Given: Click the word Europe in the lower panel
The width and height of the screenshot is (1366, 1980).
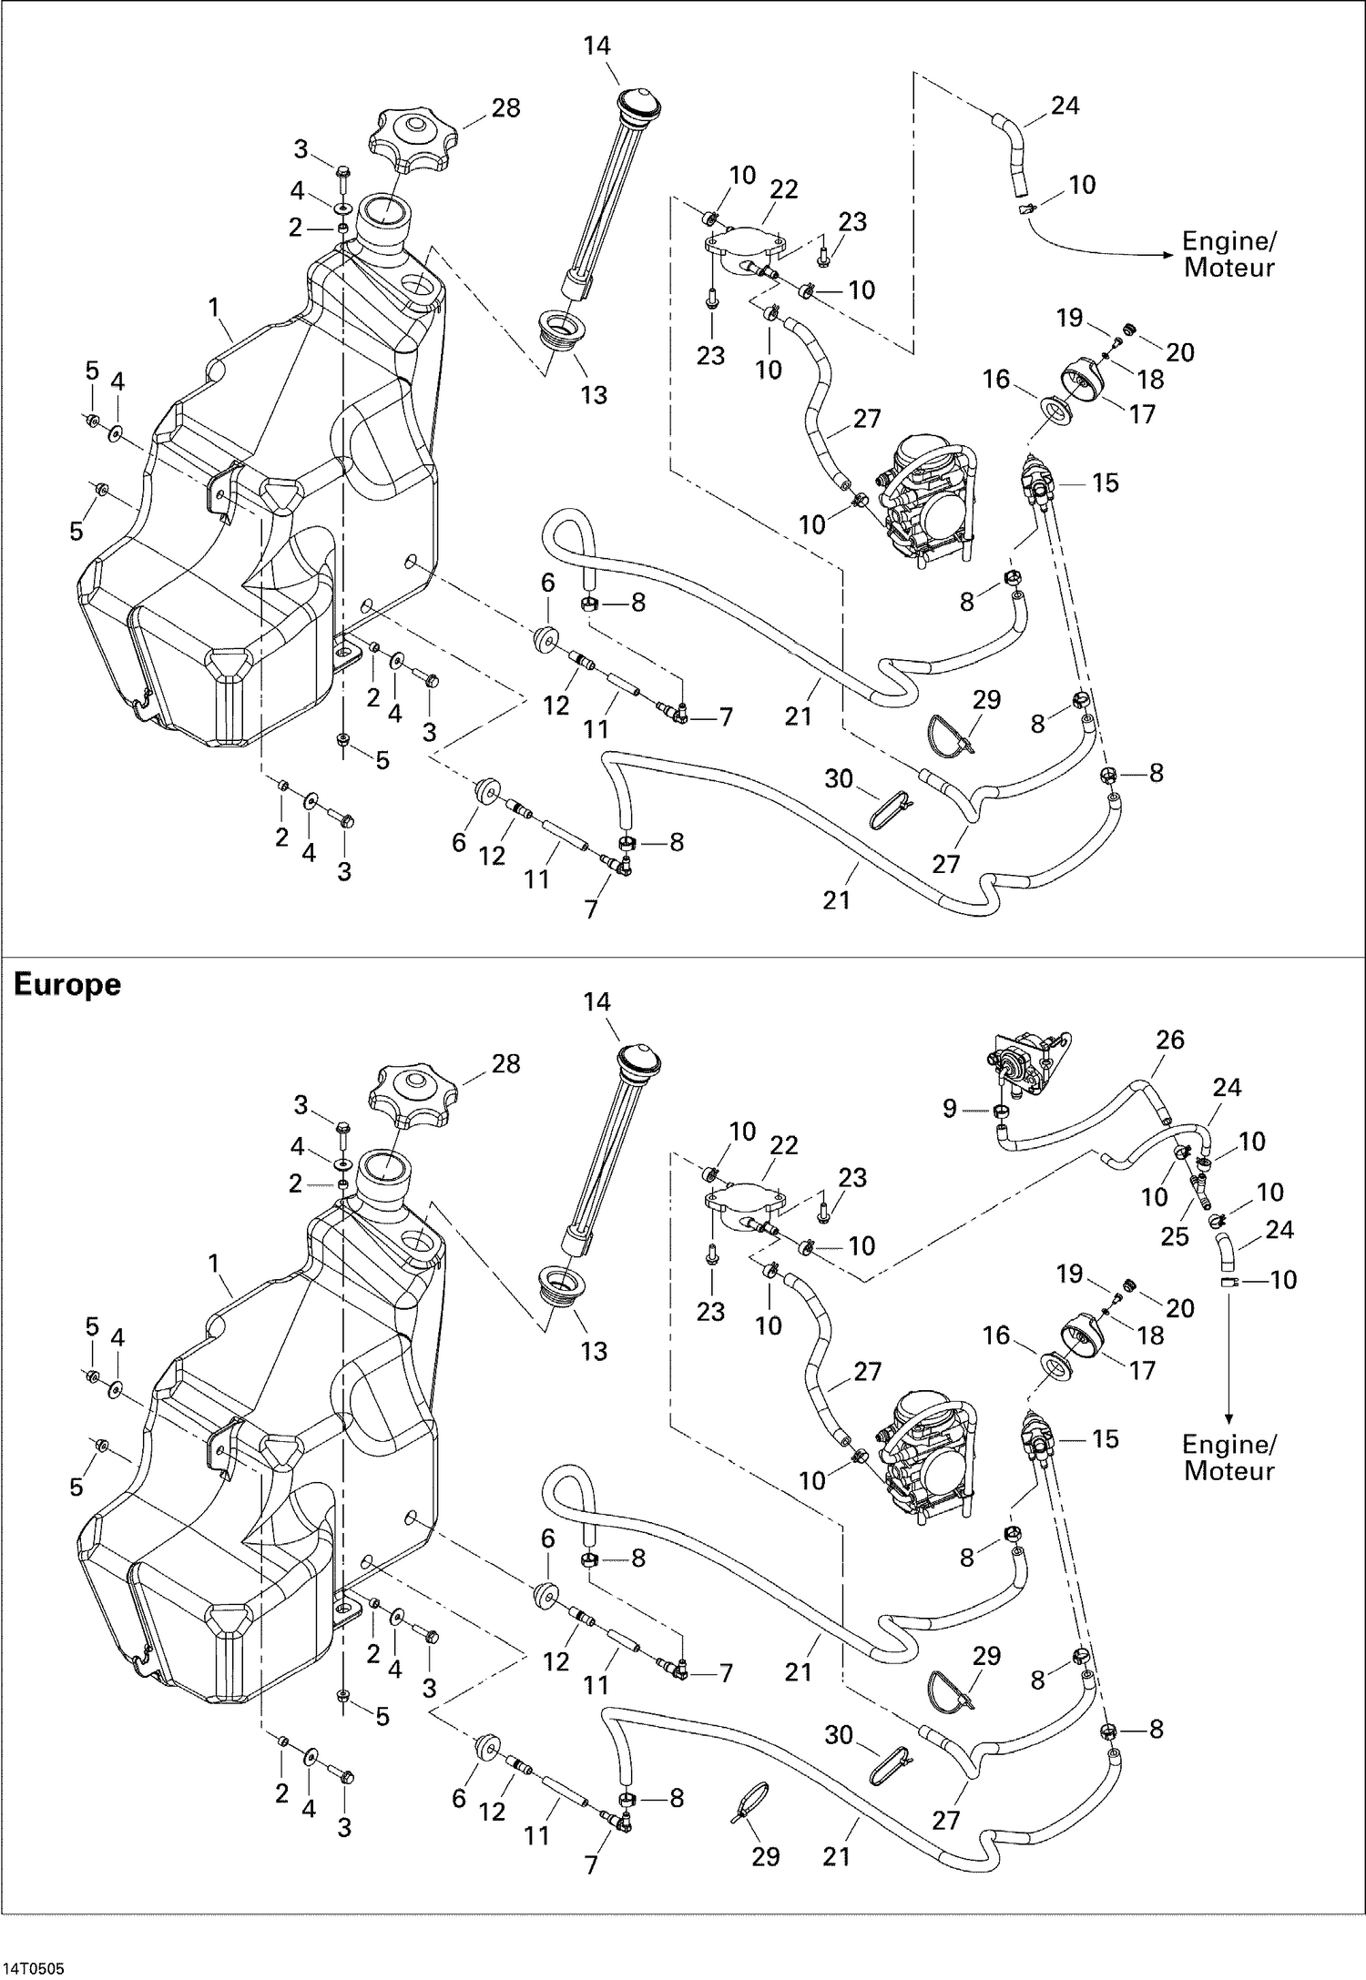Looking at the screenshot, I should click(67, 985).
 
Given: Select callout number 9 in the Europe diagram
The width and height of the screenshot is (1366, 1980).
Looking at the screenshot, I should click(950, 1109).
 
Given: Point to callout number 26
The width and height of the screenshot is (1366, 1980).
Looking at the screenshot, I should click(1170, 1040).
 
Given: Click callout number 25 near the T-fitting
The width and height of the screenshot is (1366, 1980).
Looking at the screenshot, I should click(1175, 1236).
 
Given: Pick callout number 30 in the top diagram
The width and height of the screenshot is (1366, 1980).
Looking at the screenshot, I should click(839, 778).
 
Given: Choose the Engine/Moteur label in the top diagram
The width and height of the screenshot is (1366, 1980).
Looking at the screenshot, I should click(1228, 255).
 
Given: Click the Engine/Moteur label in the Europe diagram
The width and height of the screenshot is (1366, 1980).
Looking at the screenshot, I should click(1228, 1457).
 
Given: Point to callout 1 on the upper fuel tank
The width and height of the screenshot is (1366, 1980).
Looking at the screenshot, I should click(214, 308).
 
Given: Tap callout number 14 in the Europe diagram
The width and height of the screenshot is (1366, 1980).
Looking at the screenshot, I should click(596, 1001).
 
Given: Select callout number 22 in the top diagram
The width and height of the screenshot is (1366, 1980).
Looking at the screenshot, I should click(783, 189).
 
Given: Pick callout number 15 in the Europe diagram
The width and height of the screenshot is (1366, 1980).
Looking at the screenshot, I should click(1105, 1439).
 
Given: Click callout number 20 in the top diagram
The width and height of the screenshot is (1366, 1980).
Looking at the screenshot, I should click(1179, 352).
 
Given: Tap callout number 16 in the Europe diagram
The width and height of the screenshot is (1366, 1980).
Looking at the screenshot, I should click(996, 1335).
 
